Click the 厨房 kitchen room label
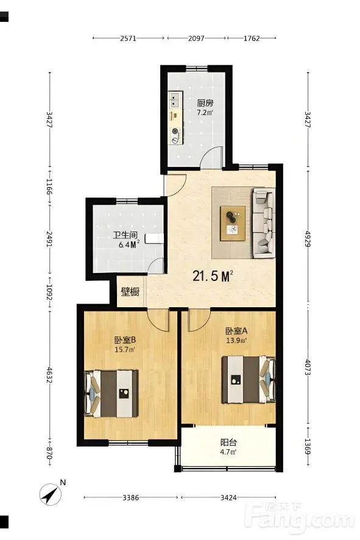click(x=205, y=103)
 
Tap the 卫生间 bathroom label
click(x=125, y=235)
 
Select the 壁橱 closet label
click(x=130, y=292)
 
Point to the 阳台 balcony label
click(x=228, y=442)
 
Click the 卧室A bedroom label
click(x=236, y=331)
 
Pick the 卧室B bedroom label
click(x=125, y=340)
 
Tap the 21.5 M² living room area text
click(x=213, y=276)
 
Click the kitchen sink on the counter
click(x=175, y=99)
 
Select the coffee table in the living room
click(x=233, y=223)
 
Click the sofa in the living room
click(x=264, y=223)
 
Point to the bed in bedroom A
click(x=249, y=380)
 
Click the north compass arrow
click(x=50, y=495)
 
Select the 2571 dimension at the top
click(x=128, y=38)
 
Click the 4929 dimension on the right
click(x=308, y=238)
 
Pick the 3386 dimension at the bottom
click(x=131, y=497)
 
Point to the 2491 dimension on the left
click(x=49, y=239)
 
